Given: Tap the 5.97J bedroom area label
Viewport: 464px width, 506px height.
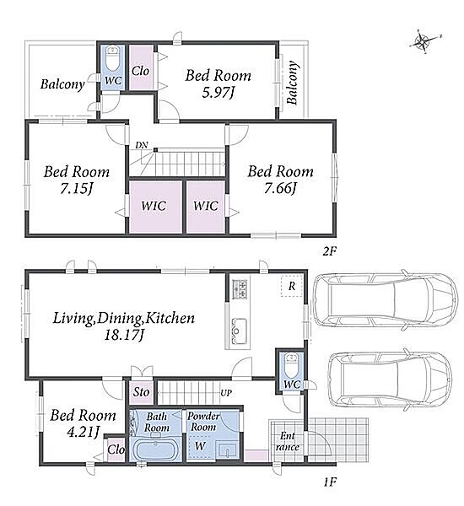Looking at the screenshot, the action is pos(218,94).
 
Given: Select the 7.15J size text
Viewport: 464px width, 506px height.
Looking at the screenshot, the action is pos(77,189).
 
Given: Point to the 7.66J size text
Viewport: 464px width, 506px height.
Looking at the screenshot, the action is pos(280,188).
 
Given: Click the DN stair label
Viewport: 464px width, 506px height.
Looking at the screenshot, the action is pos(142,146).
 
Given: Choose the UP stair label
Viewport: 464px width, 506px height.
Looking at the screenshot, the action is pos(226,393).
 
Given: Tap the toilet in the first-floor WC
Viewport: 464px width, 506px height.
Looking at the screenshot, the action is pos(292,365).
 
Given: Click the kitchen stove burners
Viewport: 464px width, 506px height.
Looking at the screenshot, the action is pos(240,289).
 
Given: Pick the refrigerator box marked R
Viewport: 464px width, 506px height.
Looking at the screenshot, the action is pos(291,286).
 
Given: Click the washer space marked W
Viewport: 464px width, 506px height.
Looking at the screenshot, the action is pos(200,446).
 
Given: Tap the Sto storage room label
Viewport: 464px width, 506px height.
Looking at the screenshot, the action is pos(141,392).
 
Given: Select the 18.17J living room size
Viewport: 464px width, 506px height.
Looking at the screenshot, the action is pos(123,336).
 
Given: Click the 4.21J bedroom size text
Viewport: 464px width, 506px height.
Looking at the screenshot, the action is pos(83,432).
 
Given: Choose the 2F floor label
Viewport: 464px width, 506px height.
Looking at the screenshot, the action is pos(330,251).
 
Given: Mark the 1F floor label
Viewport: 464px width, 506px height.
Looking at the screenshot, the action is pos(330,482).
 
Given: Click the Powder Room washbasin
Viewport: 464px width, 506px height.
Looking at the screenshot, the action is pos(227,449).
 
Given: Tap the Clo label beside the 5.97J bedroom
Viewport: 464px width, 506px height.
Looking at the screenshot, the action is pos(140,71).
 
